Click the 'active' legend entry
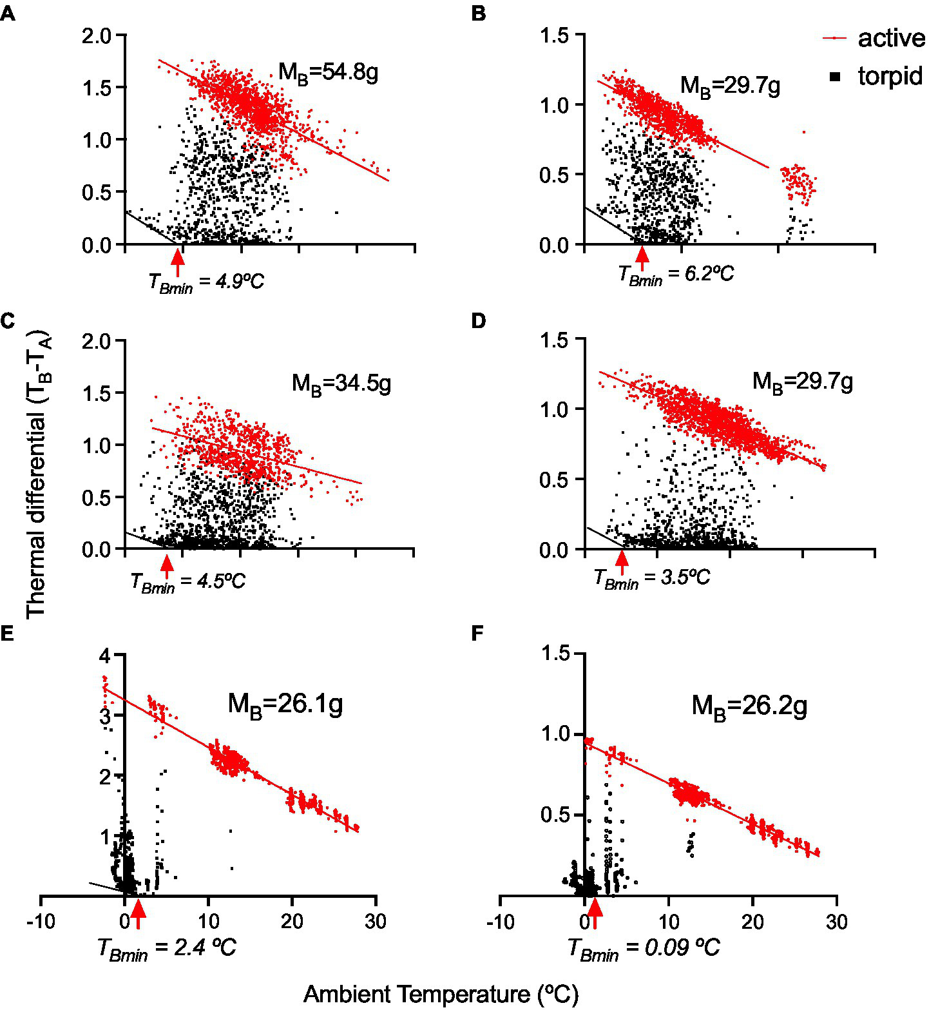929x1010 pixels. click(x=890, y=38)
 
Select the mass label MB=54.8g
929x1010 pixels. click(x=328, y=72)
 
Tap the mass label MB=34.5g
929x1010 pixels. click(x=341, y=384)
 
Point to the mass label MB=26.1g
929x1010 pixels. click(x=285, y=704)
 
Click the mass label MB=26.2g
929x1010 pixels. click(x=749, y=706)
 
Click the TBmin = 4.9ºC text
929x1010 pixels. click(x=206, y=282)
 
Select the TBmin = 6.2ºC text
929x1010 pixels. click(x=676, y=275)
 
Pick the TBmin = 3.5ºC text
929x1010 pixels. click(x=651, y=578)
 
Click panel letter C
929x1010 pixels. click(x=7, y=320)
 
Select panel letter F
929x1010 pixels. click(x=477, y=634)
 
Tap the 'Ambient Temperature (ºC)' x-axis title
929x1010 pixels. click(x=441, y=993)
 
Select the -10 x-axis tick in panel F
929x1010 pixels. click(x=501, y=922)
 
